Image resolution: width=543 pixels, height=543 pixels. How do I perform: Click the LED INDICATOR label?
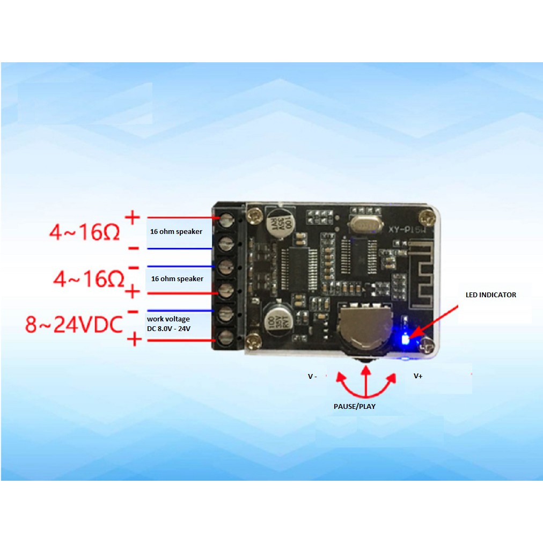490,295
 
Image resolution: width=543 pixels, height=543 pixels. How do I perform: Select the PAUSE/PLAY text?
354,406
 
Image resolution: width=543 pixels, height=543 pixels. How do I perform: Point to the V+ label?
418,376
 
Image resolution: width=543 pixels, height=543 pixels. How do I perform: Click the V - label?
312,377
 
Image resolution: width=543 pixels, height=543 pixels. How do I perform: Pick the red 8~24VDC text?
74,325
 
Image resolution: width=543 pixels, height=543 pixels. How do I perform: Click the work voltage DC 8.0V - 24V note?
168,323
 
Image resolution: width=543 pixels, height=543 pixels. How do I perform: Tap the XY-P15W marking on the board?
406,228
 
